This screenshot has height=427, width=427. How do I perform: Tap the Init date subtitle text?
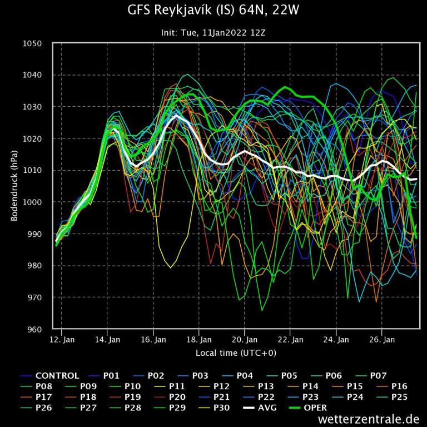point(213,33)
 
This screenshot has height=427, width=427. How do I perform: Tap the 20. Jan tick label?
point(244,339)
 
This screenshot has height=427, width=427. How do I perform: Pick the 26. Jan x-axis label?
point(381,339)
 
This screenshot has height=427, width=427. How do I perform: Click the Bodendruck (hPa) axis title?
point(14,186)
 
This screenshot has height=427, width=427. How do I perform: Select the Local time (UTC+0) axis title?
point(236,352)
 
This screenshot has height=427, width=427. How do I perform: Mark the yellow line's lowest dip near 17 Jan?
point(171,267)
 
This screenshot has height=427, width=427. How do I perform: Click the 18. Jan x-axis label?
point(198,339)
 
